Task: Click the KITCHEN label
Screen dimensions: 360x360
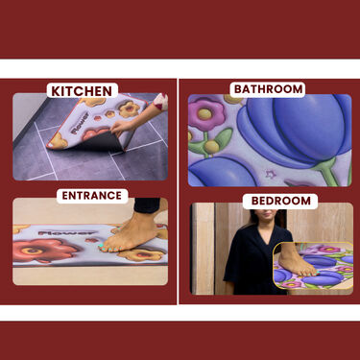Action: (x=82, y=91)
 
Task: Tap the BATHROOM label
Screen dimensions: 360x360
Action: (x=268, y=89)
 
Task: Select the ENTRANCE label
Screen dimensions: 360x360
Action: (x=92, y=196)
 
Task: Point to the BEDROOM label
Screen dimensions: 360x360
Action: (x=280, y=201)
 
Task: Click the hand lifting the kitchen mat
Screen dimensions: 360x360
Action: (x=124, y=127)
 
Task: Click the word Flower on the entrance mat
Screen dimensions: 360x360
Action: (x=66, y=233)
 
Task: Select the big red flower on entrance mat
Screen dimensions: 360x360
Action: (x=41, y=250)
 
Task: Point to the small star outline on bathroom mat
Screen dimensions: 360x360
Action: (x=271, y=175)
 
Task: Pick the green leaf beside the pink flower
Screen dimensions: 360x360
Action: (x=223, y=137)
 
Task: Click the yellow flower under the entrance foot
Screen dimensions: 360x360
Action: (x=140, y=255)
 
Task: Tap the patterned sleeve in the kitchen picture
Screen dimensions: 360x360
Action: (x=160, y=102)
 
